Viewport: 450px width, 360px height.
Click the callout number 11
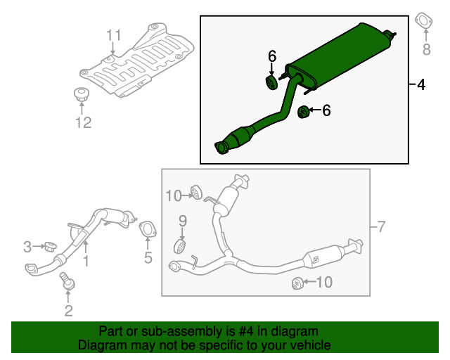tap(114, 35)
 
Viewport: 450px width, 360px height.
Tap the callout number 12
tap(83, 124)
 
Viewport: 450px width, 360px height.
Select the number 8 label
tap(425, 49)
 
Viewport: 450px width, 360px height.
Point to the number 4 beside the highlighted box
tap(421, 86)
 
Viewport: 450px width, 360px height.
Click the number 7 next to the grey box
tap(380, 226)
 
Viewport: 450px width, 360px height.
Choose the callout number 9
tap(182, 221)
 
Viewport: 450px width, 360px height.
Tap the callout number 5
tap(148, 258)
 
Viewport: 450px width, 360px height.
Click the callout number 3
tap(27, 247)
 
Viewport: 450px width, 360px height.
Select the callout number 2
tap(68, 310)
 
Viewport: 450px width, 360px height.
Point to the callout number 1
tap(86, 262)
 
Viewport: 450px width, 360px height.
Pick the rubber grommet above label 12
tap(82, 94)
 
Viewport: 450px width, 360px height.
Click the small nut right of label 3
tap(50, 247)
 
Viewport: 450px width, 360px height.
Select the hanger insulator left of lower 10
tap(297, 283)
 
